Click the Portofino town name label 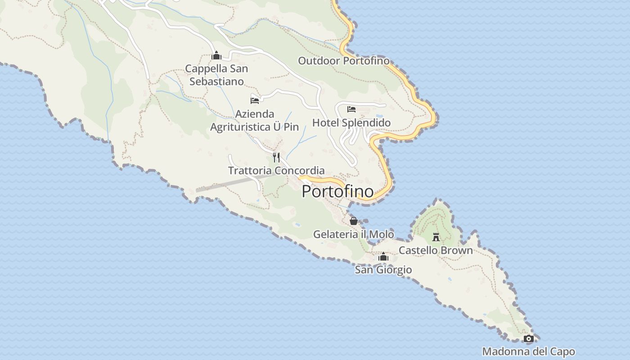tap(337, 191)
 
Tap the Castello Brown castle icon tap(436, 237)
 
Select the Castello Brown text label tap(436, 250)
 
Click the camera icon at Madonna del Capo tap(529, 338)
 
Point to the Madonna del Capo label tap(528, 351)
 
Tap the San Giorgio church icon tap(383, 256)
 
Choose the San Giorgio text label tap(383, 270)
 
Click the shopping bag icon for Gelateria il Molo tap(354, 221)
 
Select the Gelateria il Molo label tap(353, 234)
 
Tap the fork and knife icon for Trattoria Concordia tap(276, 157)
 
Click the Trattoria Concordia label tap(276, 171)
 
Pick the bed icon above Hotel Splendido tap(351, 109)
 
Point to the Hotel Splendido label tap(351, 123)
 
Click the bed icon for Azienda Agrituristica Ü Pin tap(255, 100)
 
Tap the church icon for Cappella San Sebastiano tap(216, 56)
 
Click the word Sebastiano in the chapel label tap(216, 81)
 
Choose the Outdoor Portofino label tap(344, 61)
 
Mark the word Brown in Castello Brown tap(457, 250)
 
